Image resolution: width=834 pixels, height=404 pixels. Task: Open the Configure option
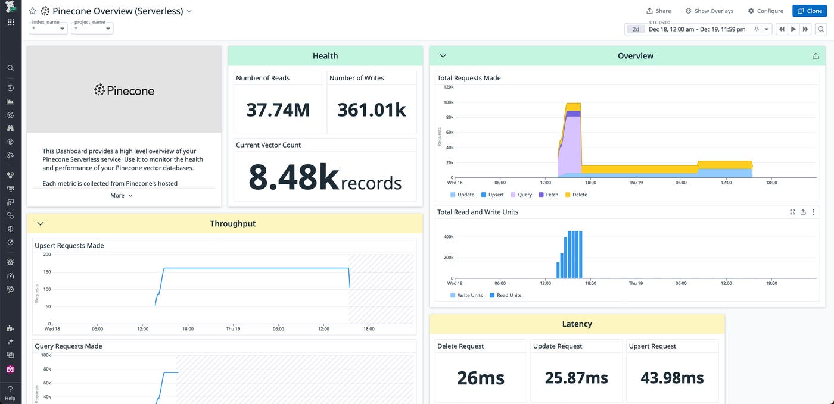tap(765, 11)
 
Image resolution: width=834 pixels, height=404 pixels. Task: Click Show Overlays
tap(709, 11)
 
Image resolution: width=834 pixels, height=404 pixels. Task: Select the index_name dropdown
tap(48, 28)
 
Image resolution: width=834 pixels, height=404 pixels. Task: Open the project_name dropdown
tap(92, 28)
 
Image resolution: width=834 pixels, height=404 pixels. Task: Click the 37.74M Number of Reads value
tap(278, 110)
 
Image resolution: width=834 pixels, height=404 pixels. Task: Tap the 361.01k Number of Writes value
tap(372, 110)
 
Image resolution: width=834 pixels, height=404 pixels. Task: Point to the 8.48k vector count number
tap(294, 177)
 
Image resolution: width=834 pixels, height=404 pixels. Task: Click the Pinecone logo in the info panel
tap(124, 90)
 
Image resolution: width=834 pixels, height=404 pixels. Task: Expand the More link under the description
tap(122, 195)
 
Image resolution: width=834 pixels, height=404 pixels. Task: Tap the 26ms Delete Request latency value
tap(480, 378)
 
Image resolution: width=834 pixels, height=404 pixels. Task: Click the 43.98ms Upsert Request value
tap(672, 378)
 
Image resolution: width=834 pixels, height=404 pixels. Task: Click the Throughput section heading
tap(232, 224)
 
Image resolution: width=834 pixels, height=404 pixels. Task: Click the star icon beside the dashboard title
tap(33, 11)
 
